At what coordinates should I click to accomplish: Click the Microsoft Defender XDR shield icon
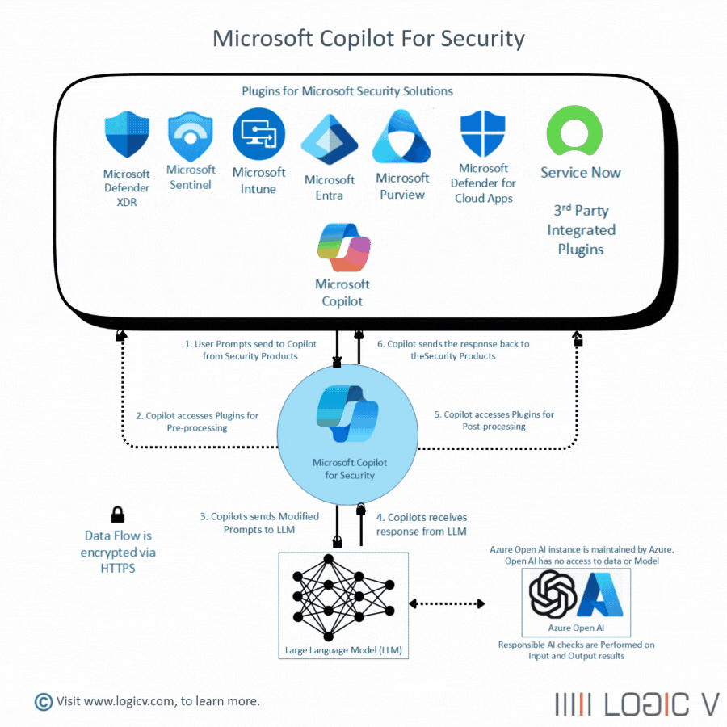127,137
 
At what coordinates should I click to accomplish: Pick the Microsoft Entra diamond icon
330,140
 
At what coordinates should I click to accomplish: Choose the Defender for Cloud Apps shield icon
482,134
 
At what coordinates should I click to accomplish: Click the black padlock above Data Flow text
118,515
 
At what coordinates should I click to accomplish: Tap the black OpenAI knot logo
552,594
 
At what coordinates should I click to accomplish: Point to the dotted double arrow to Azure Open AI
447,603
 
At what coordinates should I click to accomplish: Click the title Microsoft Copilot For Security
368,38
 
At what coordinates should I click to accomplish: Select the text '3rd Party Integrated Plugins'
581,230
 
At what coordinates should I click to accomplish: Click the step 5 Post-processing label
494,420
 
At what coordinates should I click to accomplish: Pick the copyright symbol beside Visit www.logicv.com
43,701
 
